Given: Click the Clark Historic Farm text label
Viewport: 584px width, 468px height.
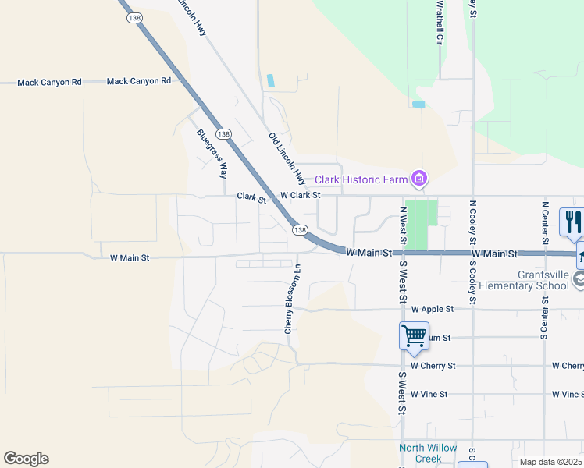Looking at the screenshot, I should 361,179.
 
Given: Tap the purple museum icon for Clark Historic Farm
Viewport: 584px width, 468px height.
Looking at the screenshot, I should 420,179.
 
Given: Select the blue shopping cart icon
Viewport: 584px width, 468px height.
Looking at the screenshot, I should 414,336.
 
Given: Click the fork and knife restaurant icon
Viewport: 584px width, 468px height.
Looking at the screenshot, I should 572,222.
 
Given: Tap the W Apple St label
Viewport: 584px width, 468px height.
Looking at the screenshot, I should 432,309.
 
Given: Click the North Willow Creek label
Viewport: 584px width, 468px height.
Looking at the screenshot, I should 420,452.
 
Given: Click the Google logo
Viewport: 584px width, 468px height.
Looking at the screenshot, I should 26,459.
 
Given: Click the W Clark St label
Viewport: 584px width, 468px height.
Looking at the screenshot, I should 300,195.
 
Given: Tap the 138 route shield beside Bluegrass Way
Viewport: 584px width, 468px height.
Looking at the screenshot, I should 224,134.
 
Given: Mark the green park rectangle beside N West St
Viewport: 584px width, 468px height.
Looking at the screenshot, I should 422,225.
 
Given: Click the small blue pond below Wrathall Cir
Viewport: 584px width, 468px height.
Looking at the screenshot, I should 418,104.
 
